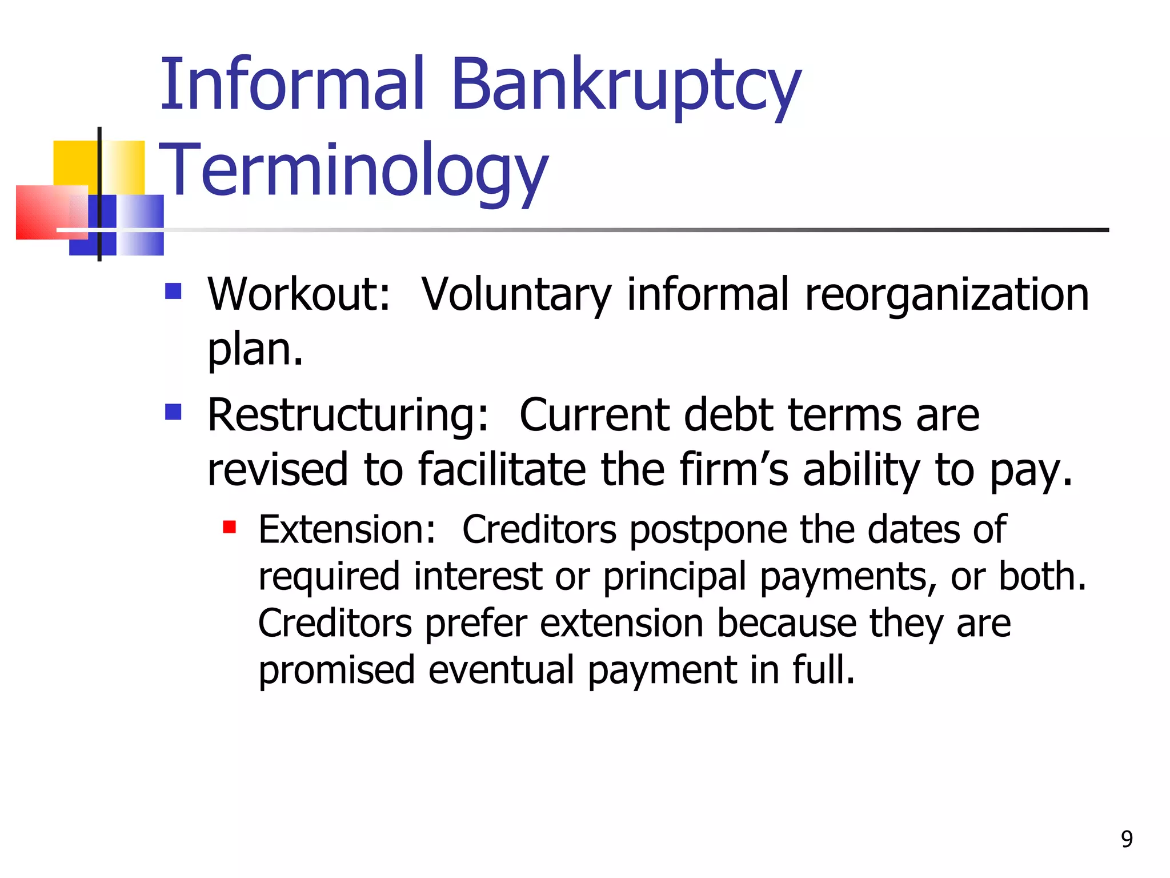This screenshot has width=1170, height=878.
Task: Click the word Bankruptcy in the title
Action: pos(626,86)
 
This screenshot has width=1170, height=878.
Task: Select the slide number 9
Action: pos(1127,839)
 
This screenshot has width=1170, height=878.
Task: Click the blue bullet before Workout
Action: pos(173,292)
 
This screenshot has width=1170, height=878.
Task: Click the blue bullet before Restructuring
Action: pos(173,412)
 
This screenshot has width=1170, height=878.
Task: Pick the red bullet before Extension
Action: pos(230,526)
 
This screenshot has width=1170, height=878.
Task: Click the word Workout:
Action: pos(299,294)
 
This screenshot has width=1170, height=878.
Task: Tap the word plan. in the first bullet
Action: pos(255,350)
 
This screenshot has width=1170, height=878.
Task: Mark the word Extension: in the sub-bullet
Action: pos(347,529)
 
